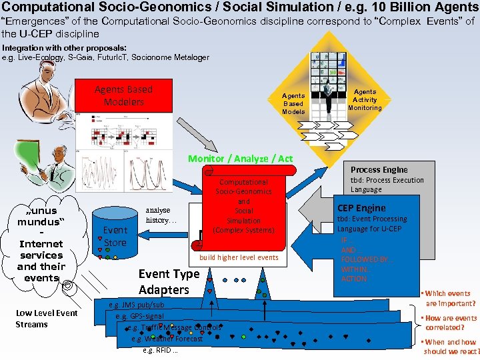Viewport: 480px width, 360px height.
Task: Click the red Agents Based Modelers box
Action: (123, 95)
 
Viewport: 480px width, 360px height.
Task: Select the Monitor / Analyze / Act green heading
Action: (240, 159)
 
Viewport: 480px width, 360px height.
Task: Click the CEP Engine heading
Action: (361, 207)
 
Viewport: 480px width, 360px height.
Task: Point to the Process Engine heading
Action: (379, 169)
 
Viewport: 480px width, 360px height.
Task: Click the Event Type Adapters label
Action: (168, 281)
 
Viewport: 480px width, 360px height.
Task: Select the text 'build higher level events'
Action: (239, 257)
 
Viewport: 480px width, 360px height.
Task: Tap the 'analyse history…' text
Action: (161, 215)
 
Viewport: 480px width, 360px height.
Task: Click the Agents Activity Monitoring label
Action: (365, 99)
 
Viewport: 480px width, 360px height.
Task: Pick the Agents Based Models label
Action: (293, 103)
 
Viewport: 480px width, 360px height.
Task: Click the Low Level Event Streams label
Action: (46, 319)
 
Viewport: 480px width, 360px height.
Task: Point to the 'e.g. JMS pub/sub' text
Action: (136, 305)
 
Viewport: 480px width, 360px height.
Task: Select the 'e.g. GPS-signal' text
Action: (139, 316)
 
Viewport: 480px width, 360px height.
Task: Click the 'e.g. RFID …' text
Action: (160, 350)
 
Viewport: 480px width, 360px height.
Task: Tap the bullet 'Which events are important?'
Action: (449, 298)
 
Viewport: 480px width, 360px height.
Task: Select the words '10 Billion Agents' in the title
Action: (419, 8)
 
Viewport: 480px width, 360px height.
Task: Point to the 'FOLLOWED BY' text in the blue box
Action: (365, 259)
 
